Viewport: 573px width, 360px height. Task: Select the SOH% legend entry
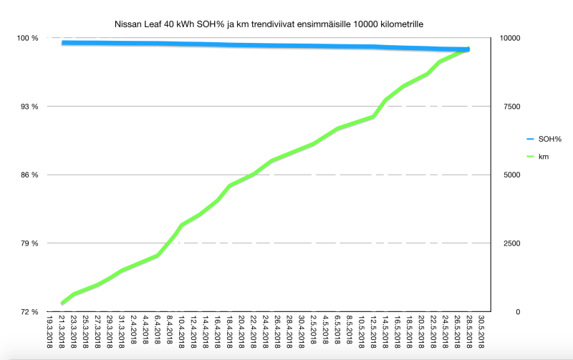(x=549, y=139)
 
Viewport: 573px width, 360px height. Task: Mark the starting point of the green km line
(x=62, y=303)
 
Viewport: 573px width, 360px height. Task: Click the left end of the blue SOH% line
(x=63, y=43)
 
